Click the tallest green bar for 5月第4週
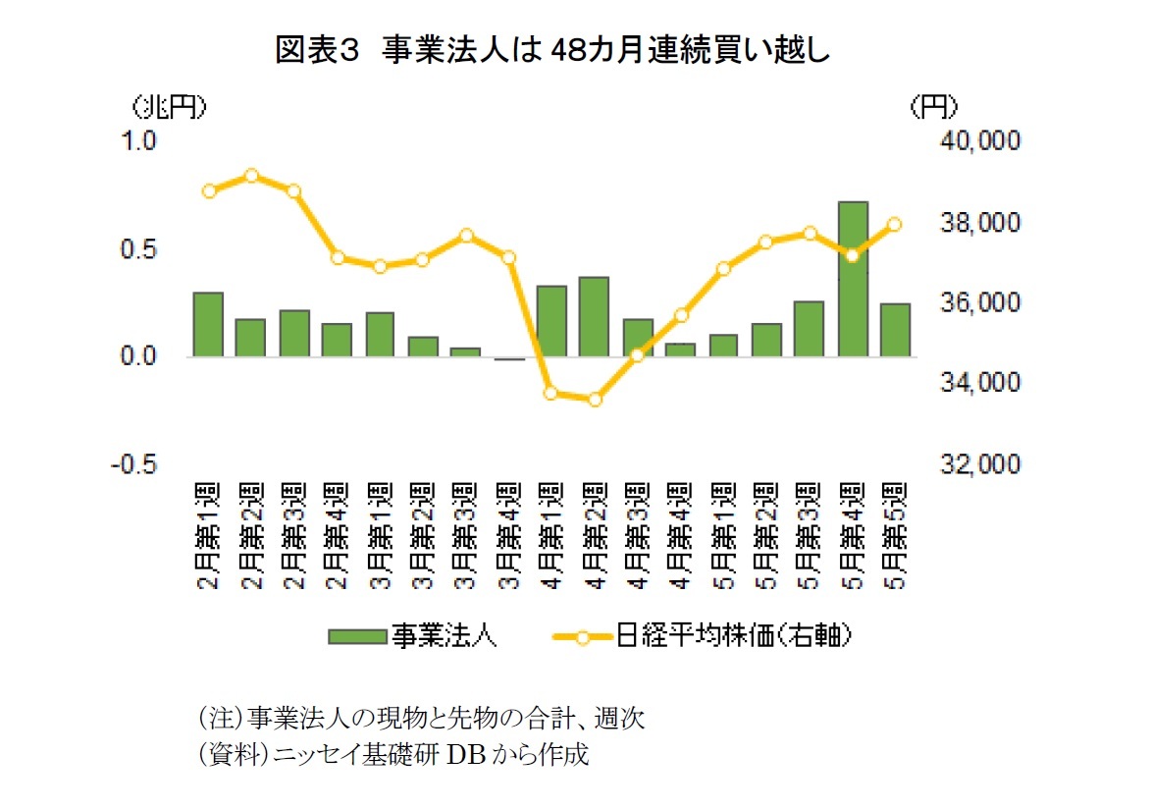853,279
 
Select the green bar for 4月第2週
594,317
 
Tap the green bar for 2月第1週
208,325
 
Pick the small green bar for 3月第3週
465,351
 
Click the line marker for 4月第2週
594,400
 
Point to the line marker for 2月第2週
251,176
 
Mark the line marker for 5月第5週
894,225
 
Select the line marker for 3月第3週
466,236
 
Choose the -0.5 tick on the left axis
138,463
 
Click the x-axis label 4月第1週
551,534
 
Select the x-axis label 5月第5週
895,534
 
